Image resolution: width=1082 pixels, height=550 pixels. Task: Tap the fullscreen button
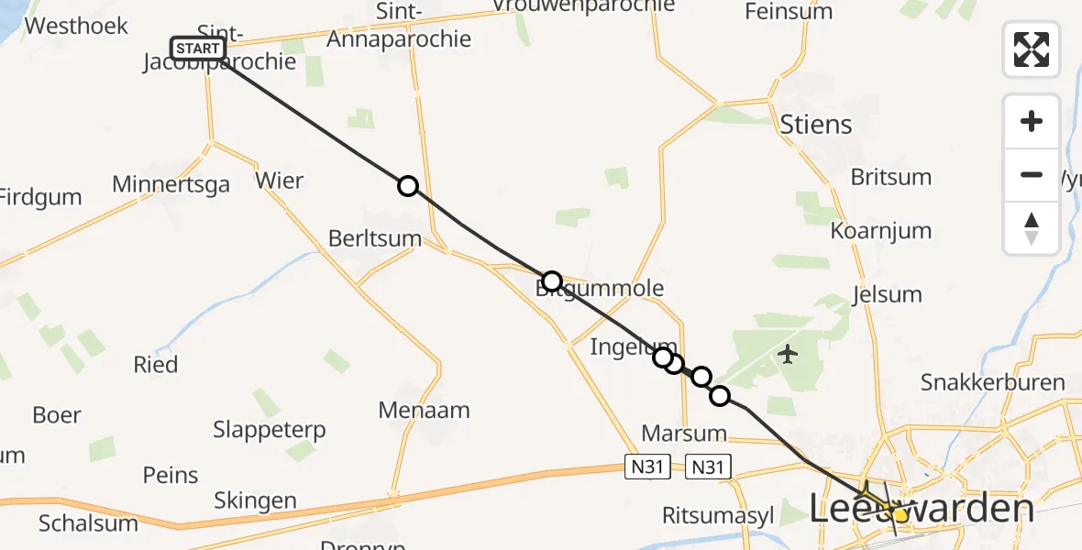(1032, 49)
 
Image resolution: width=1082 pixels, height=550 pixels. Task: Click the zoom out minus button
(1032, 175)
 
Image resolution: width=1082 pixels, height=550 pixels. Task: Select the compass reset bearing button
(1032, 228)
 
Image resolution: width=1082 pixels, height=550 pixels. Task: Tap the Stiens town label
(815, 124)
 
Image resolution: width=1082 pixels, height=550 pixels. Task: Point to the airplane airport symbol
(788, 353)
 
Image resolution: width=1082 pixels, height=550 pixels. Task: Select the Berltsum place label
(375, 239)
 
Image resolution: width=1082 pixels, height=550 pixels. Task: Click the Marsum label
(684, 433)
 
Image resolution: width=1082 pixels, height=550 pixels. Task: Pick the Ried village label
(156, 364)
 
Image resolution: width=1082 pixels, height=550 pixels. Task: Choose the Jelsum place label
(887, 294)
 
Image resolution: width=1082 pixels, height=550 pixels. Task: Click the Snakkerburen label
(993, 382)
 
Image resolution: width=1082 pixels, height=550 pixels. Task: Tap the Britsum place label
(891, 177)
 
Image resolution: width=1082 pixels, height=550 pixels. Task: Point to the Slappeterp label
(270, 429)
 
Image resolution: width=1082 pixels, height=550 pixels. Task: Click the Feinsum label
(789, 12)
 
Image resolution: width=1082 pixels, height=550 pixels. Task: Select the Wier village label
(280, 180)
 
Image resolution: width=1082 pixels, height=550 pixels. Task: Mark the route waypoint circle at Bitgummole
(551, 280)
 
